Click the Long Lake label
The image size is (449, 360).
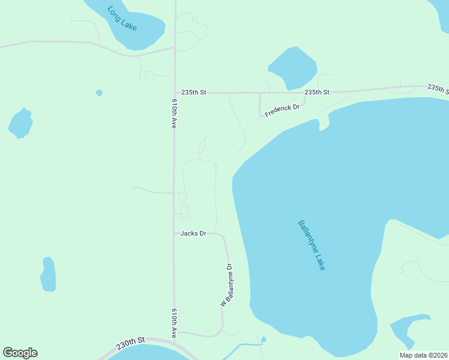[122, 19]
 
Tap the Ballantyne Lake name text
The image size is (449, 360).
[311, 245]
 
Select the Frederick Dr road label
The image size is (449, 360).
[282, 110]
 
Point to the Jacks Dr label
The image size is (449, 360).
[193, 233]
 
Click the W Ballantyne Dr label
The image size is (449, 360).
[226, 286]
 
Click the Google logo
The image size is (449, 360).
[20, 353]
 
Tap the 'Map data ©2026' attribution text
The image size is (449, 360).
[423, 355]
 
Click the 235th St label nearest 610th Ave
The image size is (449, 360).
[194, 92]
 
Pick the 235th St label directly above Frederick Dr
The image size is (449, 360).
[316, 92]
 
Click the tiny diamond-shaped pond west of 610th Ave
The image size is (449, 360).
[99, 93]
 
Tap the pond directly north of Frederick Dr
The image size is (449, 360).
[292, 67]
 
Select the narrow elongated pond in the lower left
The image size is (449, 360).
[48, 274]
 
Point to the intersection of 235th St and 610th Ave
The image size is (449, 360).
[175, 93]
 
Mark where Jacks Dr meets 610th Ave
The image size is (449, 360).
[175, 233]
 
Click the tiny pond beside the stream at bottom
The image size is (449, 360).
[264, 340]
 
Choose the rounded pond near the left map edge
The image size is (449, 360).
[20, 124]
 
